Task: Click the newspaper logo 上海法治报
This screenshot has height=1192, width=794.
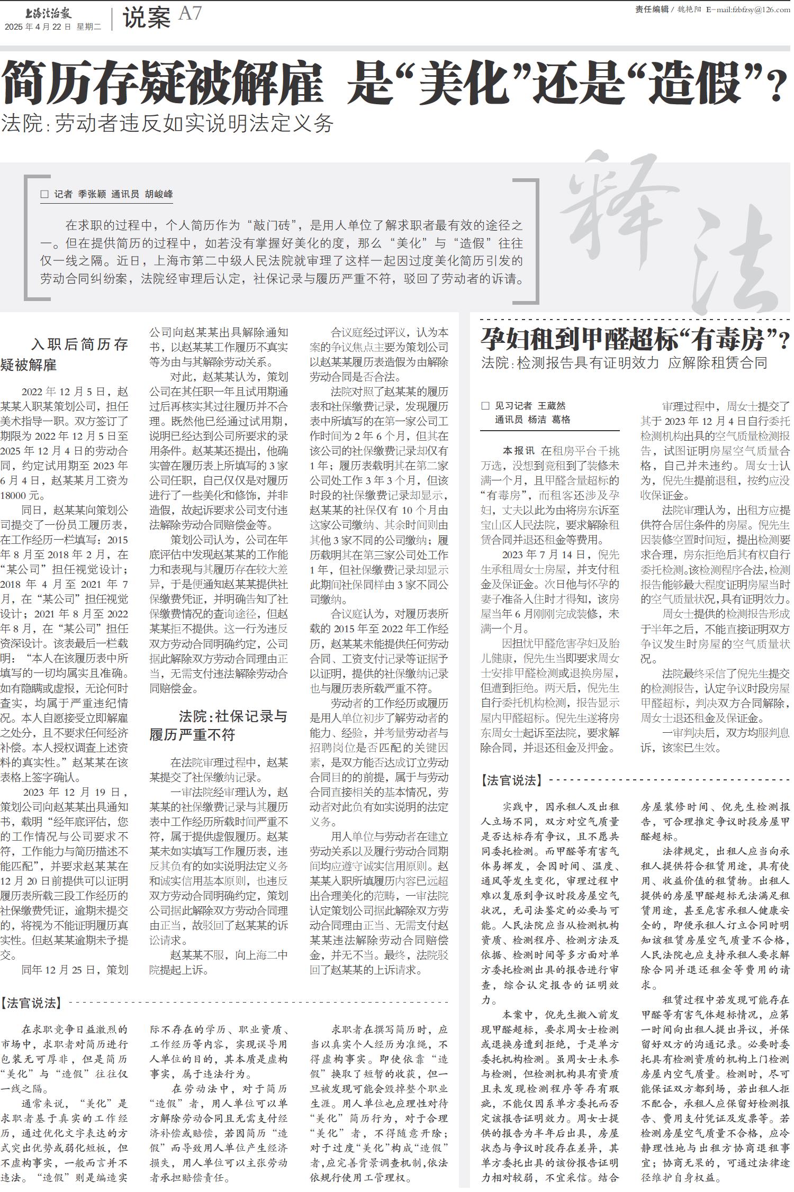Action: pos(48,13)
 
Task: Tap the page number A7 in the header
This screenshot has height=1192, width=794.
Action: pos(190,14)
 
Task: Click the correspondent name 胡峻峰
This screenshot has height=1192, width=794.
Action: pos(159,194)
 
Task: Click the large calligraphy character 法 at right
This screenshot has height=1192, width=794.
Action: pos(736,270)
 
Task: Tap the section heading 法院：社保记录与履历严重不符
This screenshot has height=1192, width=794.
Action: pos(218,725)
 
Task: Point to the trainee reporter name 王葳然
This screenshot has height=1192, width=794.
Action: pos(552,406)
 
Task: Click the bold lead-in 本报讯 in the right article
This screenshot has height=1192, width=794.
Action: pos(518,451)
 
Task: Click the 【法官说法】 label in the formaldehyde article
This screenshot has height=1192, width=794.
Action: pos(511,780)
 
